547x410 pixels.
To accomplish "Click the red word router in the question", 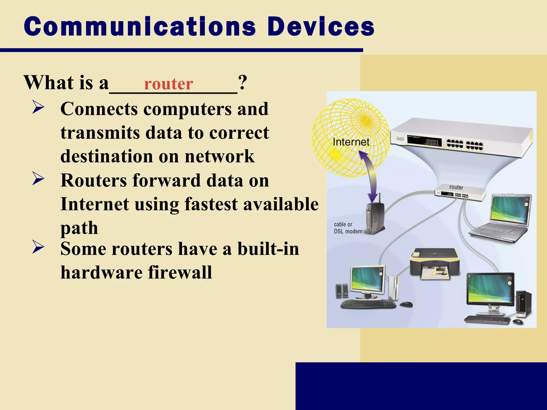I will (x=169, y=84).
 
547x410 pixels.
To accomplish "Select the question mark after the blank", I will (x=243, y=83).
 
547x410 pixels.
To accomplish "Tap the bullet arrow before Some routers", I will (x=38, y=247).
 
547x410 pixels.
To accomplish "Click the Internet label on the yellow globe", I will (x=351, y=142).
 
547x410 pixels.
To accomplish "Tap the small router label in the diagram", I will (x=456, y=187).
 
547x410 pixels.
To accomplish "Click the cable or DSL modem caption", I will (x=348, y=228).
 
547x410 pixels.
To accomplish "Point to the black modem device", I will (x=375, y=218).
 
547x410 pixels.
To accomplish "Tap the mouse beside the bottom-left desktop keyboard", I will (x=406, y=304).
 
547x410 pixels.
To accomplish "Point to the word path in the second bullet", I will (x=79, y=228).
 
